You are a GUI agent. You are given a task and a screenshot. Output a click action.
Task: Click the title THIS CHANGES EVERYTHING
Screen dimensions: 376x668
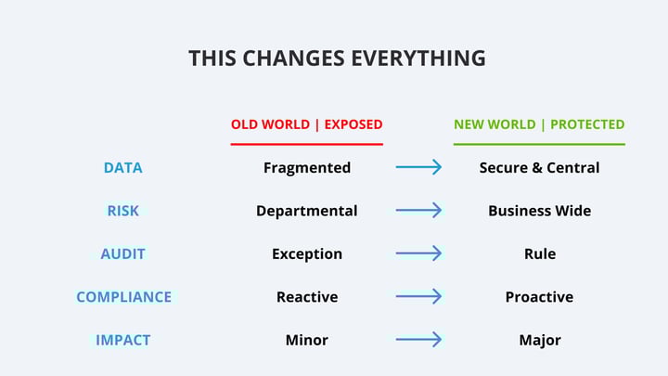point(337,58)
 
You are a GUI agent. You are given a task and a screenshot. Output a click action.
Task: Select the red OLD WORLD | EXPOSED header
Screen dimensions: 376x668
point(306,124)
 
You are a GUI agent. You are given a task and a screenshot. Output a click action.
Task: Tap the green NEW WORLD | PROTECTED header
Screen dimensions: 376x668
point(539,124)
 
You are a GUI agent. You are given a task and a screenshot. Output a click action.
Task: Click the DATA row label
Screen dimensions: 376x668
point(122,168)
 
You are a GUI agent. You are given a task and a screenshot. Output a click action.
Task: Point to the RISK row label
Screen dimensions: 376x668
point(122,211)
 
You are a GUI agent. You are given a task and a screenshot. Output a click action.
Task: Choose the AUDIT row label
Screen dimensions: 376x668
point(122,253)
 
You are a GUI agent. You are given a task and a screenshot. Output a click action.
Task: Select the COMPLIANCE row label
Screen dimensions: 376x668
point(123,297)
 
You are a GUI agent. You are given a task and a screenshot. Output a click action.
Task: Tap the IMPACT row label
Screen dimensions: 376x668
point(122,340)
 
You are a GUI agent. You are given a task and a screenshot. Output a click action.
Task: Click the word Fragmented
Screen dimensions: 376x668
point(306,168)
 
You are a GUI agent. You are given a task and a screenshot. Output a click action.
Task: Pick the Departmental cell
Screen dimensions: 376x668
point(306,211)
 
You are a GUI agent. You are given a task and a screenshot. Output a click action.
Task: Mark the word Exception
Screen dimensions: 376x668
point(306,253)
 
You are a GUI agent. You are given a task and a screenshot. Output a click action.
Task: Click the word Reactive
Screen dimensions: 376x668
point(306,297)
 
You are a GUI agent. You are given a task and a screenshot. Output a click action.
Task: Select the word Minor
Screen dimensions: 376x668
point(306,340)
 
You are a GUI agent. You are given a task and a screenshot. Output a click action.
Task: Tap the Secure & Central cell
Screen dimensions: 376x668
point(539,168)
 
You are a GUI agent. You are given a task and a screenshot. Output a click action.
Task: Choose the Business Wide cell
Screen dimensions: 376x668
point(539,211)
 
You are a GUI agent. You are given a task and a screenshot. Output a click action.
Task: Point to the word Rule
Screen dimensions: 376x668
point(539,253)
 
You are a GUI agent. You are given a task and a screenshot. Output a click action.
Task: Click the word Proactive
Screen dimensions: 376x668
point(539,297)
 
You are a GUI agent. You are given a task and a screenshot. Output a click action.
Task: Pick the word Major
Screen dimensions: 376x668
point(539,340)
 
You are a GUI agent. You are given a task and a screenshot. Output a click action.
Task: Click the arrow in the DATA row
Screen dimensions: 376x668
point(419,167)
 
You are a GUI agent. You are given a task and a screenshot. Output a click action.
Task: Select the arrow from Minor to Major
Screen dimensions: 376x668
point(419,340)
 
